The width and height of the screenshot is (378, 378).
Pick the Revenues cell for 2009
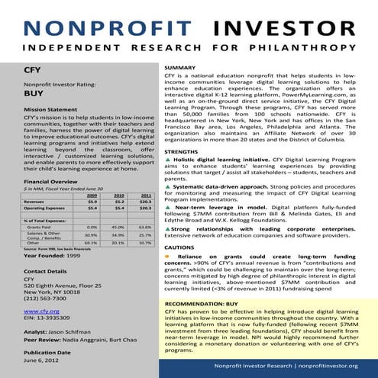point(92,202)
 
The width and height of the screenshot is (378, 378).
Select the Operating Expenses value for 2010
point(118,208)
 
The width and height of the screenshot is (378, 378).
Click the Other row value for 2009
point(92,243)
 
